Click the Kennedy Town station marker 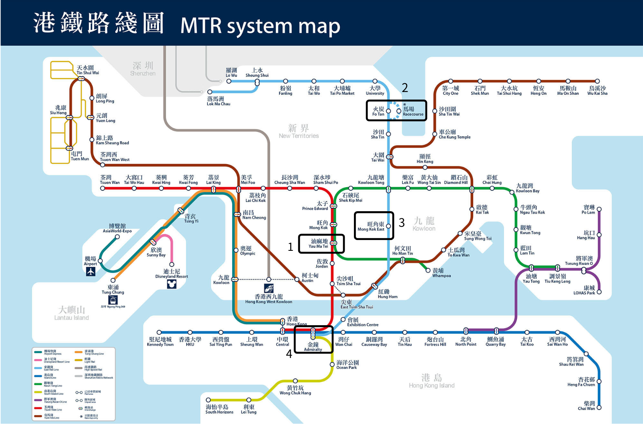pos(159,332)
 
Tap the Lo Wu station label pos(231,72)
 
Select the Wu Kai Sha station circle pos(597,81)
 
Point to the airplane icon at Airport pos(90,272)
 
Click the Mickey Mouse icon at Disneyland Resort pos(171,284)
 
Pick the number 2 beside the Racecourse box pos(405,88)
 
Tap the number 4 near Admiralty pos(289,354)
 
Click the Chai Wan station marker pos(599,408)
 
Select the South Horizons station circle pos(208,400)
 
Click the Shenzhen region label pos(143,68)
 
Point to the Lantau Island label pos(72,313)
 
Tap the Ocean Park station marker pos(332,364)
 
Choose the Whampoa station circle pos(428,270)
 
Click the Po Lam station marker pos(599,208)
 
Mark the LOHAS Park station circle pos(599,292)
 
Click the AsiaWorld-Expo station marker pos(117,237)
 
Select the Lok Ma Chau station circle pos(209,92)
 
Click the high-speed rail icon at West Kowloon pos(269,288)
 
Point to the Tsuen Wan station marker pos(103,188)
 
